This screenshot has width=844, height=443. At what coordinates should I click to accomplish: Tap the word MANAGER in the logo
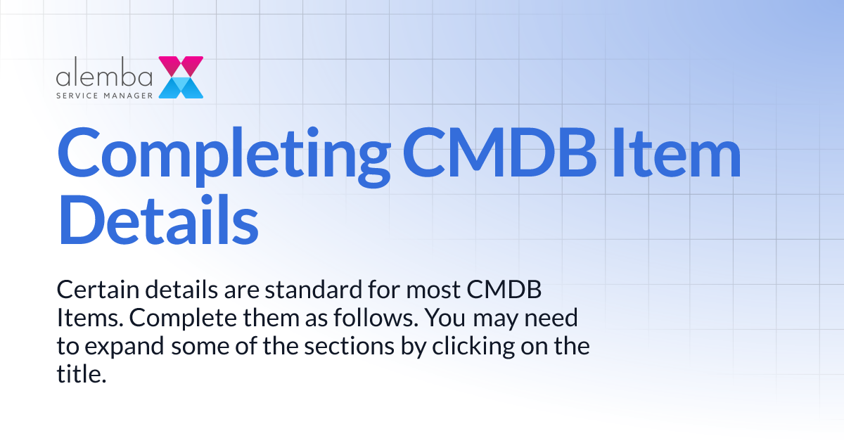pos(127,93)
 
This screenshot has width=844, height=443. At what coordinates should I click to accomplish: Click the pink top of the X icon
pos(181,66)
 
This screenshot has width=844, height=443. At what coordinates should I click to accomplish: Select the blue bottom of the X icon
pos(181,87)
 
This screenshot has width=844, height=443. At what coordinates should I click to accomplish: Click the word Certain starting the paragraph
pos(92,290)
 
